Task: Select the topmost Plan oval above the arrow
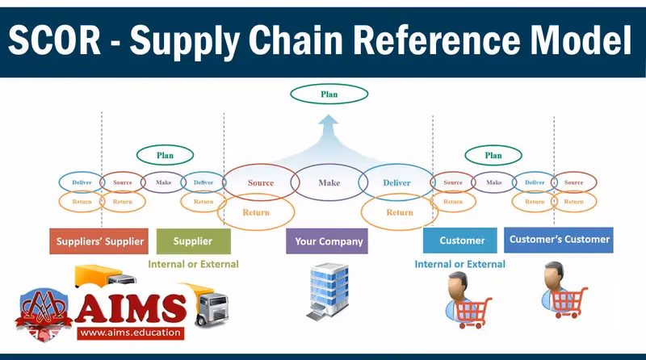click(329, 94)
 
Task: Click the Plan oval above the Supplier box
click(165, 155)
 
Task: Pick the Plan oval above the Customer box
click(493, 155)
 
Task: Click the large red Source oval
click(260, 182)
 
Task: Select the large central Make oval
click(329, 182)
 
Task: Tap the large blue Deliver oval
click(396, 182)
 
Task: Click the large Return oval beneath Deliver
click(399, 212)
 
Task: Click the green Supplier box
click(193, 241)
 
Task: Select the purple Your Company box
click(329, 241)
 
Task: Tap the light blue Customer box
click(462, 241)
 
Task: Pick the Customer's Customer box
click(558, 239)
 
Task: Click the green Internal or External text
click(193, 264)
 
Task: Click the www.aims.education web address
click(130, 332)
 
